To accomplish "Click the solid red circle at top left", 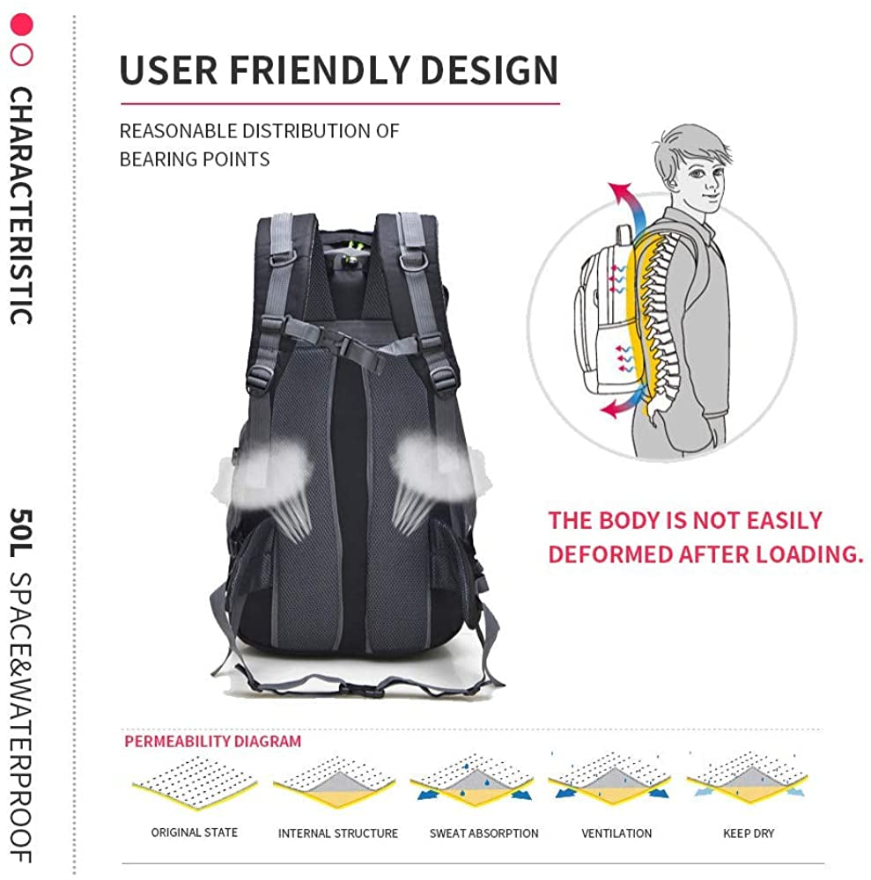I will (x=21, y=24).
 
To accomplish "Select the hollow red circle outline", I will (x=21, y=55).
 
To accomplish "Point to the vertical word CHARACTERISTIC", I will (x=22, y=206).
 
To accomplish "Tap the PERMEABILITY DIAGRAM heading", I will (x=212, y=741).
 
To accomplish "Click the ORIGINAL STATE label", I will (x=195, y=832).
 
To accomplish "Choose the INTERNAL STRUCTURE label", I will (x=338, y=833).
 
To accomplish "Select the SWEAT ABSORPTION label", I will (x=483, y=833).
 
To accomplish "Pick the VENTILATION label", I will (x=616, y=833).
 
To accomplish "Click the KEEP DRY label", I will (x=749, y=833).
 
